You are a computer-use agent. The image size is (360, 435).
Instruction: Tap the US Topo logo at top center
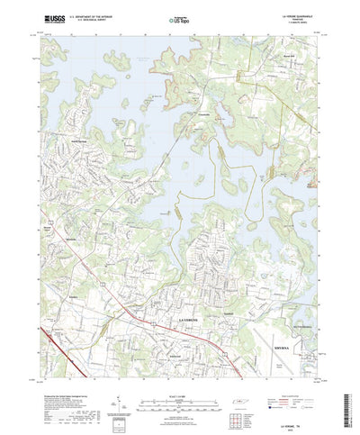pyautogui.click(x=180, y=18)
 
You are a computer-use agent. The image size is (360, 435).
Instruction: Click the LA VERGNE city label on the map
pyautogui.click(x=184, y=321)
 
